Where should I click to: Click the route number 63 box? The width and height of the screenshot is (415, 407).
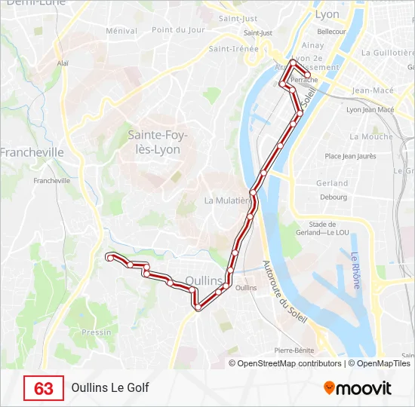pyautogui.click(x=44, y=388)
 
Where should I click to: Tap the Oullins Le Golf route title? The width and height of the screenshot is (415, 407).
pyautogui.click(x=110, y=388)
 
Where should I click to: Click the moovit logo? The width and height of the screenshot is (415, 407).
pyautogui.click(x=358, y=388)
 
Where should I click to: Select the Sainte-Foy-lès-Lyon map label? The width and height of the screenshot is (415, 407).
pyautogui.click(x=158, y=142)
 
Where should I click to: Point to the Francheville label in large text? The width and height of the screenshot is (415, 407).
pyautogui.click(x=32, y=152)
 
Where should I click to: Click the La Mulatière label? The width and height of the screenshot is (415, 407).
pyautogui.click(x=227, y=200)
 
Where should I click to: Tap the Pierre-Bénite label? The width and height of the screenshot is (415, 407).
pyautogui.click(x=294, y=350)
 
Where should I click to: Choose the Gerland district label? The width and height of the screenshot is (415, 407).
pyautogui.click(x=332, y=183)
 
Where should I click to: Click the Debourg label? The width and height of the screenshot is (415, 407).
pyautogui.click(x=333, y=197)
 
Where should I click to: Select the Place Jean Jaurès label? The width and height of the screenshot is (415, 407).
pyautogui.click(x=350, y=157)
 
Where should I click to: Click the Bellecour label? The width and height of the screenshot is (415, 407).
pyautogui.click(x=331, y=32)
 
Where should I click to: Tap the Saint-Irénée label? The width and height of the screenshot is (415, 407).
pyautogui.click(x=234, y=49)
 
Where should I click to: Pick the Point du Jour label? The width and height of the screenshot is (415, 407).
pyautogui.click(x=178, y=30)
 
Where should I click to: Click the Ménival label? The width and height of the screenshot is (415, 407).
pyautogui.click(x=121, y=31)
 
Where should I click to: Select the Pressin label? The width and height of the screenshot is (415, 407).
pyautogui.click(x=96, y=332)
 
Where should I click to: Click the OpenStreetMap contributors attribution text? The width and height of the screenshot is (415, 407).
pyautogui.click(x=290, y=363)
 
